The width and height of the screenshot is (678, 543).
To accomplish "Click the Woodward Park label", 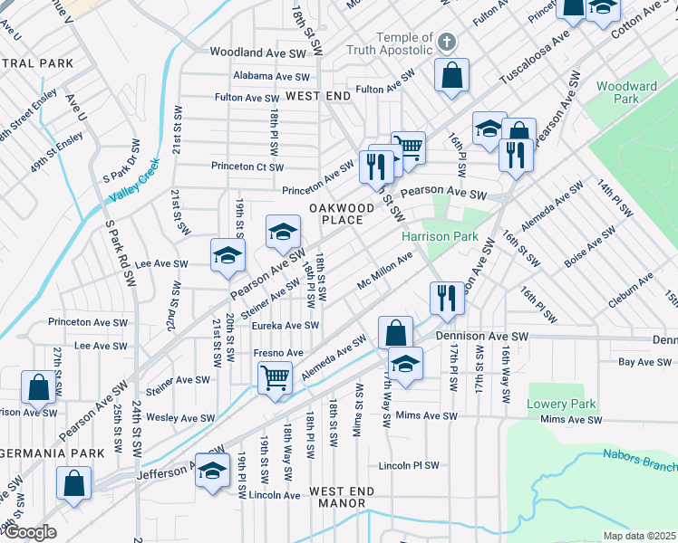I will point(626,94).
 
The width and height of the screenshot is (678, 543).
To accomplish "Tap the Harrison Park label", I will point(440,236).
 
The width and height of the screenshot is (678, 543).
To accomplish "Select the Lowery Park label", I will point(563,404).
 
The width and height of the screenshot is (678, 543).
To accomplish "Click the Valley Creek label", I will point(134,180).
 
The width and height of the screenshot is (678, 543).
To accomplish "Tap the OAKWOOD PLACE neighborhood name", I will point(336,214).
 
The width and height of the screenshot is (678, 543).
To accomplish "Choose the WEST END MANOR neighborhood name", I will point(341,498).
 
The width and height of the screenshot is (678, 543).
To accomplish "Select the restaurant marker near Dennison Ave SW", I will point(446,298).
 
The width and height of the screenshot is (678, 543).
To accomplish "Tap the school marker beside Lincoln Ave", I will point(213,473).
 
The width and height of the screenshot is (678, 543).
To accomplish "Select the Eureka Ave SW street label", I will point(286,326).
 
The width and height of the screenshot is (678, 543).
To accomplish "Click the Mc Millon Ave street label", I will point(385,269).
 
